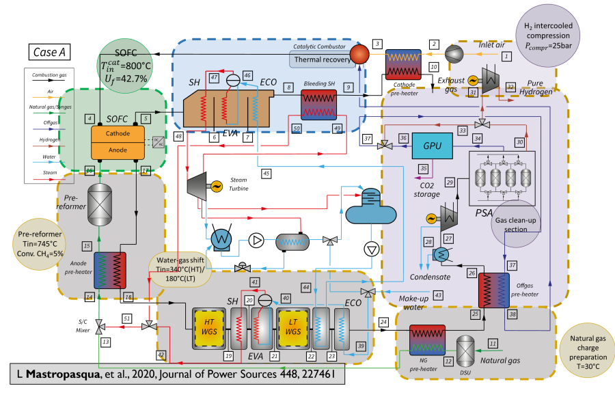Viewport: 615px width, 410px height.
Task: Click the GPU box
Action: point(432,146)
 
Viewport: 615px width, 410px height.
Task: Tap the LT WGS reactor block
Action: point(292,324)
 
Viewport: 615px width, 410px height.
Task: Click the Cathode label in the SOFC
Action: point(118,135)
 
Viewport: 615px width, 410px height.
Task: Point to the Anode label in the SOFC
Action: point(118,150)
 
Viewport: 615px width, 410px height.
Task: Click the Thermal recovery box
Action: point(321,59)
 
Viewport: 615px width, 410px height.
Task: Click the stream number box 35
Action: point(424,168)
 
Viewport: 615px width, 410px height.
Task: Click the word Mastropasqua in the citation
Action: point(60,375)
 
